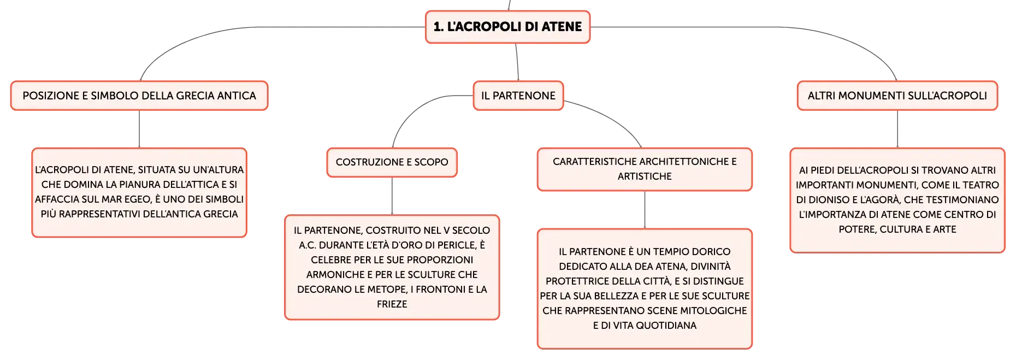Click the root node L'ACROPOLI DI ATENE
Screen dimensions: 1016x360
[508, 27]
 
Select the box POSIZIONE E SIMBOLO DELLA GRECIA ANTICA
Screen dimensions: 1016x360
[139, 96]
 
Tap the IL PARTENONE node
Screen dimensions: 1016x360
[518, 96]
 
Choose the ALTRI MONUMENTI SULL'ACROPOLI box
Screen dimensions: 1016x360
[897, 96]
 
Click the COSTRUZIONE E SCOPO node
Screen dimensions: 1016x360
[392, 162]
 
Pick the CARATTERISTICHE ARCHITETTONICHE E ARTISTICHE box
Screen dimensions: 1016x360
[645, 169]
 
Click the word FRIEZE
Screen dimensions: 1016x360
[392, 304]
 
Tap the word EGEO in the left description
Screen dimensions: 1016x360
[138, 199]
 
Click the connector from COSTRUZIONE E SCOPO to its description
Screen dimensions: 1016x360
[392, 196]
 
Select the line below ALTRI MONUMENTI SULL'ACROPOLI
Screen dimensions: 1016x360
[897, 129]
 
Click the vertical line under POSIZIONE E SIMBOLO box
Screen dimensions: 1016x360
[139, 129]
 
